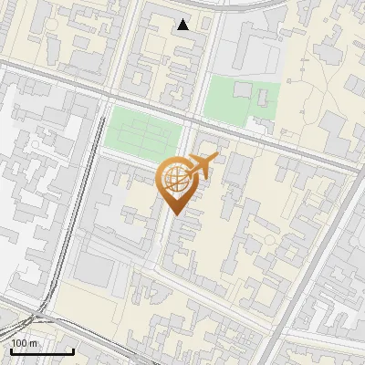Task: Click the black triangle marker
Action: point(183,25)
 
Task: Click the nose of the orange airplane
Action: point(217,157)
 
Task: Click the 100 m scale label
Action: point(25,343)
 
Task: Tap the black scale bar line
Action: point(42,351)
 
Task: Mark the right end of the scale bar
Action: point(73,351)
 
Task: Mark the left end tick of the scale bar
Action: point(11,350)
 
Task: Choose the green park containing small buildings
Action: point(240,101)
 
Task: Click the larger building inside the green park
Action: point(243,90)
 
